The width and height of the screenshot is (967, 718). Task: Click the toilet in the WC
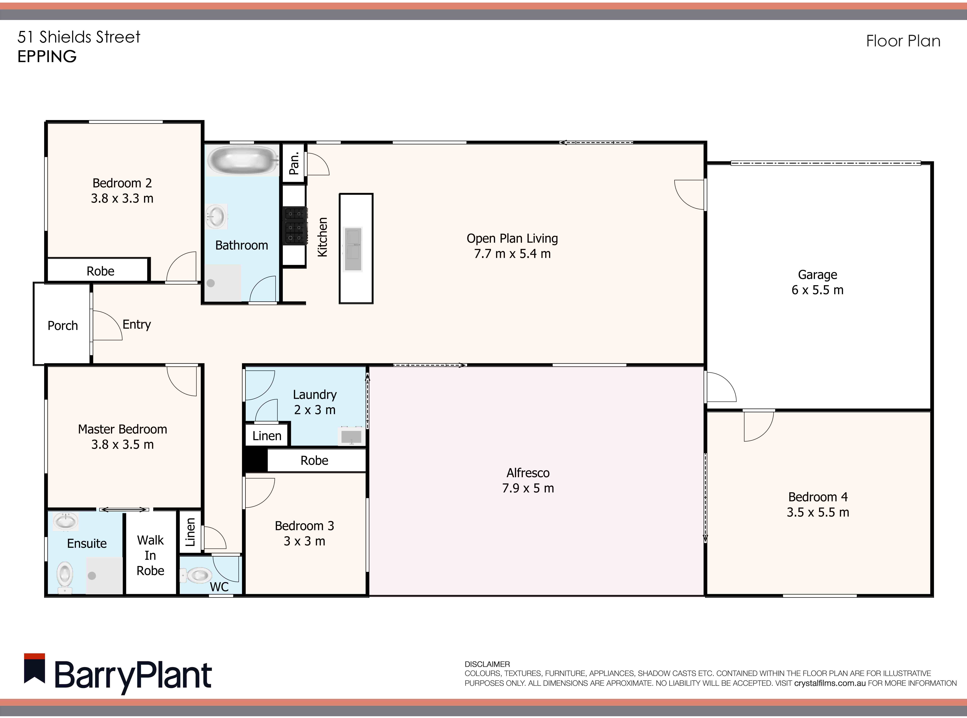tap(196, 575)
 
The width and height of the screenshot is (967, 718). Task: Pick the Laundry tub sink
tap(351, 436)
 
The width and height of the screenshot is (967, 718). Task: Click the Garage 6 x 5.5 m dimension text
tap(817, 290)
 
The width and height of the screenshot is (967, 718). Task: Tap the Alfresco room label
tap(528, 473)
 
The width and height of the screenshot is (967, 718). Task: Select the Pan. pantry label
tap(294, 163)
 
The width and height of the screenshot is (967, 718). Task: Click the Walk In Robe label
tap(150, 555)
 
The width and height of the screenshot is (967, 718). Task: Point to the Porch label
tap(63, 325)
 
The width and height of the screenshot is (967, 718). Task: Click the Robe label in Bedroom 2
tap(100, 271)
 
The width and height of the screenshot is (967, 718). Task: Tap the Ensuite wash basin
tap(66, 521)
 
